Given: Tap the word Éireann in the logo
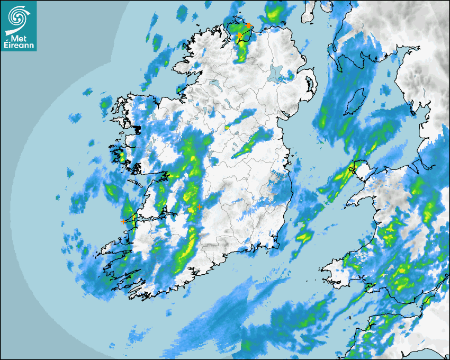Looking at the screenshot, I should (x=19, y=46).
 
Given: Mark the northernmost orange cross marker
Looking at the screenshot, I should (x=249, y=25).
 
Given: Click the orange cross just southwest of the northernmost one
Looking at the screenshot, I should (x=239, y=35).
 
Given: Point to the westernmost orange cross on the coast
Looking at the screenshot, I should (x=123, y=221).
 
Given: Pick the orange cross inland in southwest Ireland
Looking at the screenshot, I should (x=199, y=207).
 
